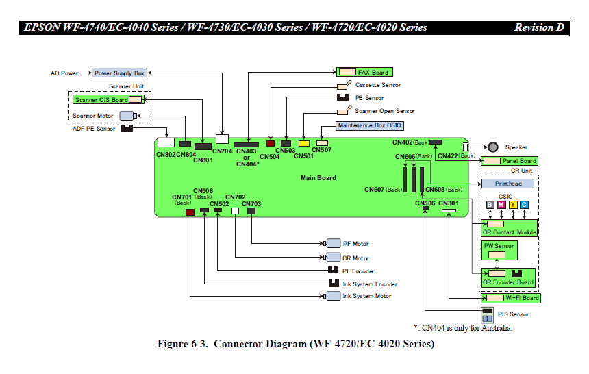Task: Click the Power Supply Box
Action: pos(119,73)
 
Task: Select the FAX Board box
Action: pos(364,72)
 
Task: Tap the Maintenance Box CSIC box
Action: pos(369,125)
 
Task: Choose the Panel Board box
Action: pos(510,161)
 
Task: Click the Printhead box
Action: pos(508,184)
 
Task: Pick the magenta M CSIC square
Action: pos(501,204)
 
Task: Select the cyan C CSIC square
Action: pos(524,204)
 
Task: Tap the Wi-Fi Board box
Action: pos(513,298)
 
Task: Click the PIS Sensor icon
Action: pos(488,315)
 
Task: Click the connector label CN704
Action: pos(223,151)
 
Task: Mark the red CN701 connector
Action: pos(190,212)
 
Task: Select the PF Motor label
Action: pos(355,244)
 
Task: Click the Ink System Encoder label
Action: pos(370,284)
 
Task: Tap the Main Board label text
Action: pos(318,178)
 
